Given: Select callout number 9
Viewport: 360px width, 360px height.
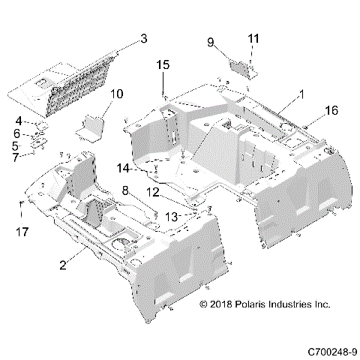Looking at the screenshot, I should pyautogui.click(x=211, y=42).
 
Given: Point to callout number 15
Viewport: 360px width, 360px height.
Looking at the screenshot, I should pyautogui.click(x=163, y=65).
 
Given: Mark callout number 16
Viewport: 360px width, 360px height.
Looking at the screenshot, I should pyautogui.click(x=331, y=110).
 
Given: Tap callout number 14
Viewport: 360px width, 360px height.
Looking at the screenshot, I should pyautogui.click(x=123, y=166).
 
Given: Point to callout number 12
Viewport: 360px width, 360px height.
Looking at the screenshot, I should pyautogui.click(x=152, y=192).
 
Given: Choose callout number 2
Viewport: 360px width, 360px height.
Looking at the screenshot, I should pyautogui.click(x=65, y=264).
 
